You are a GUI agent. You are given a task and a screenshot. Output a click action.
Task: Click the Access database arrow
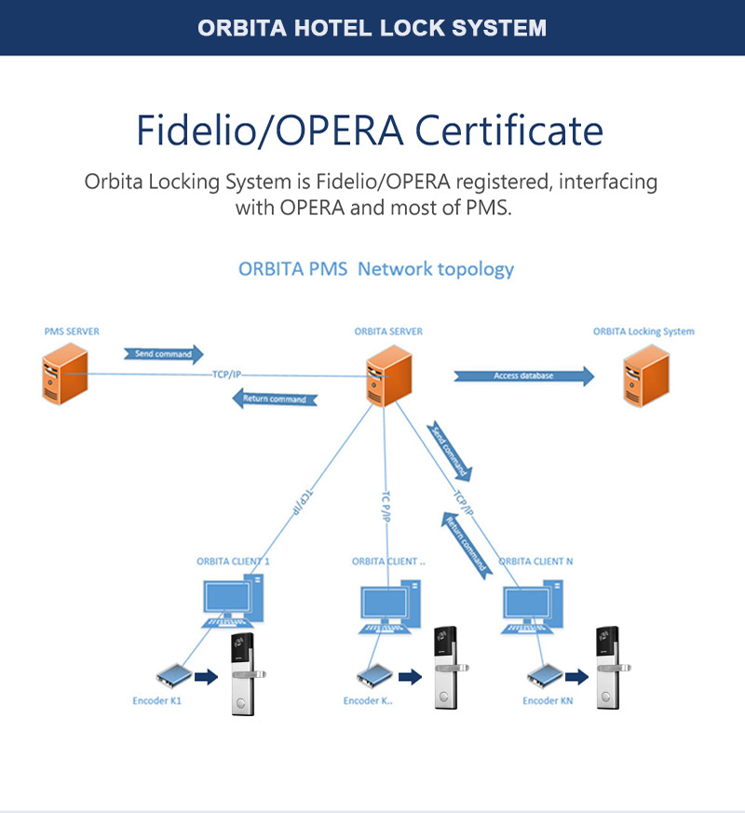point(524,376)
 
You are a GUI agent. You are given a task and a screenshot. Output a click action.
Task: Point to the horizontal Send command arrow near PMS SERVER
point(163,354)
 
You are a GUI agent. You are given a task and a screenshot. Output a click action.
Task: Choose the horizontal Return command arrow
point(274,399)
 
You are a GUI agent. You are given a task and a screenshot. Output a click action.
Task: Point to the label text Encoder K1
point(156,700)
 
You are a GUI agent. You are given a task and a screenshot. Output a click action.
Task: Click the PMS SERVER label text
point(72,332)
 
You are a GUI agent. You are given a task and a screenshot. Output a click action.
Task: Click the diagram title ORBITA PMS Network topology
point(376,269)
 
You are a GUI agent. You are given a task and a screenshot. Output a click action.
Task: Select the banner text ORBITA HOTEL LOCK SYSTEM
point(372,28)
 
